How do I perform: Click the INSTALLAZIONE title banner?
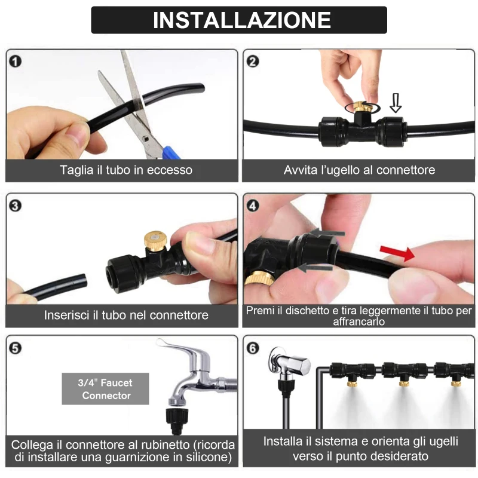point(239,20)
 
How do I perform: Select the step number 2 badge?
point(253,60)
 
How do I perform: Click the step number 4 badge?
point(253,206)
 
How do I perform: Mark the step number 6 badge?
point(253,348)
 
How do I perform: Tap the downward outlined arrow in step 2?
point(395,102)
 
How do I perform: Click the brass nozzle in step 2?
point(361,108)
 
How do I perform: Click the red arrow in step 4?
point(397,253)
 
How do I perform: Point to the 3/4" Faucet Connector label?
point(106,388)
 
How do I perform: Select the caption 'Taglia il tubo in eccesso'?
point(126,170)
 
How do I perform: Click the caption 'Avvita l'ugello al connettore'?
point(359,170)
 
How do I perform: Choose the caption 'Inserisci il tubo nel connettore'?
point(126,315)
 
